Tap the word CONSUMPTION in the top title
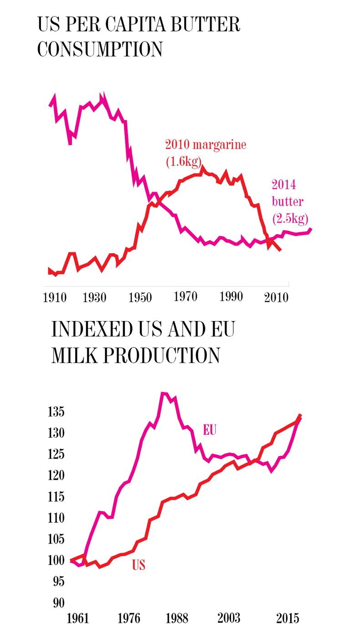(x=99, y=49)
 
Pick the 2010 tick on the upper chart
(x=276, y=298)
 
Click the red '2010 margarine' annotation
(x=206, y=145)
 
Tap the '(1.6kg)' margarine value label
(x=184, y=161)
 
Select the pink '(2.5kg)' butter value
(x=290, y=218)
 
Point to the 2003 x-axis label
(x=229, y=619)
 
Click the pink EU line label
(x=209, y=430)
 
